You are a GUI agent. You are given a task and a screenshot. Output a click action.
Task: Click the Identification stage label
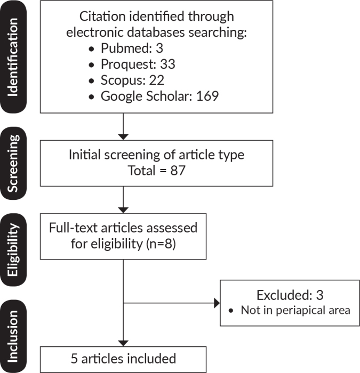(13, 57)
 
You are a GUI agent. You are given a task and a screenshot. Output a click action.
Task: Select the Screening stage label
(13, 163)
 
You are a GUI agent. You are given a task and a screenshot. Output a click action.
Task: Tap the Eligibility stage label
(13, 249)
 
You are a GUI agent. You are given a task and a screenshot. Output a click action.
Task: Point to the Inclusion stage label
(13, 336)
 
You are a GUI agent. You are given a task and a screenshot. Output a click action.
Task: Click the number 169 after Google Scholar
(207, 96)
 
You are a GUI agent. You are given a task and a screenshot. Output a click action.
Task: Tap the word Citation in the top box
(102, 17)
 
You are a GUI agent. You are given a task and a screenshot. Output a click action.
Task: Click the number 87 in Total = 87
(178, 171)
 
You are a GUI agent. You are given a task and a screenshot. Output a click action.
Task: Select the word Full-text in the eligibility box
(74, 228)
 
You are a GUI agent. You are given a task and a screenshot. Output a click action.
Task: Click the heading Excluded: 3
(290, 295)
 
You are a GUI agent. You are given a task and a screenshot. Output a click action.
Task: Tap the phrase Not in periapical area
(295, 310)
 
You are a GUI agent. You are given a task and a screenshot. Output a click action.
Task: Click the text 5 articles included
(123, 359)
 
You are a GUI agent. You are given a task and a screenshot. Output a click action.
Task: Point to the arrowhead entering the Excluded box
(217, 303)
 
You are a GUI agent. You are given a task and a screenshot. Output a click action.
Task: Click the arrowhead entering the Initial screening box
(123, 137)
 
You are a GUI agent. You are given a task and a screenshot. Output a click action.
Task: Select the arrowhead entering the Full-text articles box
(123, 210)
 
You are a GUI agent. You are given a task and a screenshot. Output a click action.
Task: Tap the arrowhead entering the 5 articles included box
(123, 344)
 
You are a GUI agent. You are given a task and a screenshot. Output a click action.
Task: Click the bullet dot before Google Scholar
(91, 97)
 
